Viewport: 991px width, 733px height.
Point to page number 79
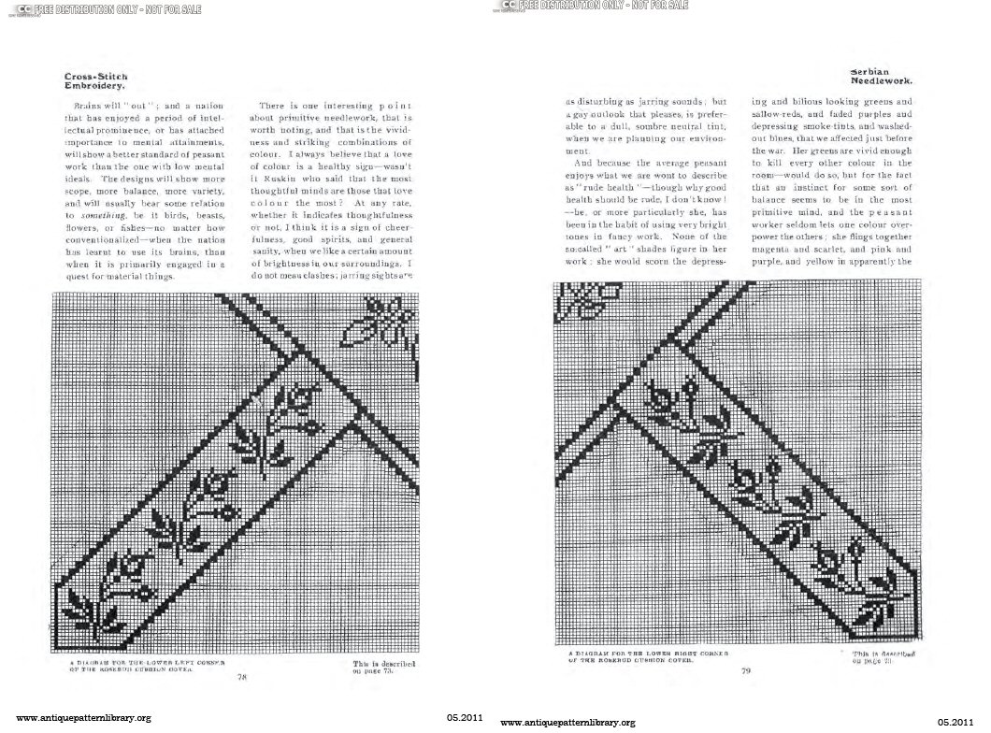(x=744, y=668)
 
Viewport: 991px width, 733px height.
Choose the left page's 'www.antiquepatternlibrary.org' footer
(x=84, y=718)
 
